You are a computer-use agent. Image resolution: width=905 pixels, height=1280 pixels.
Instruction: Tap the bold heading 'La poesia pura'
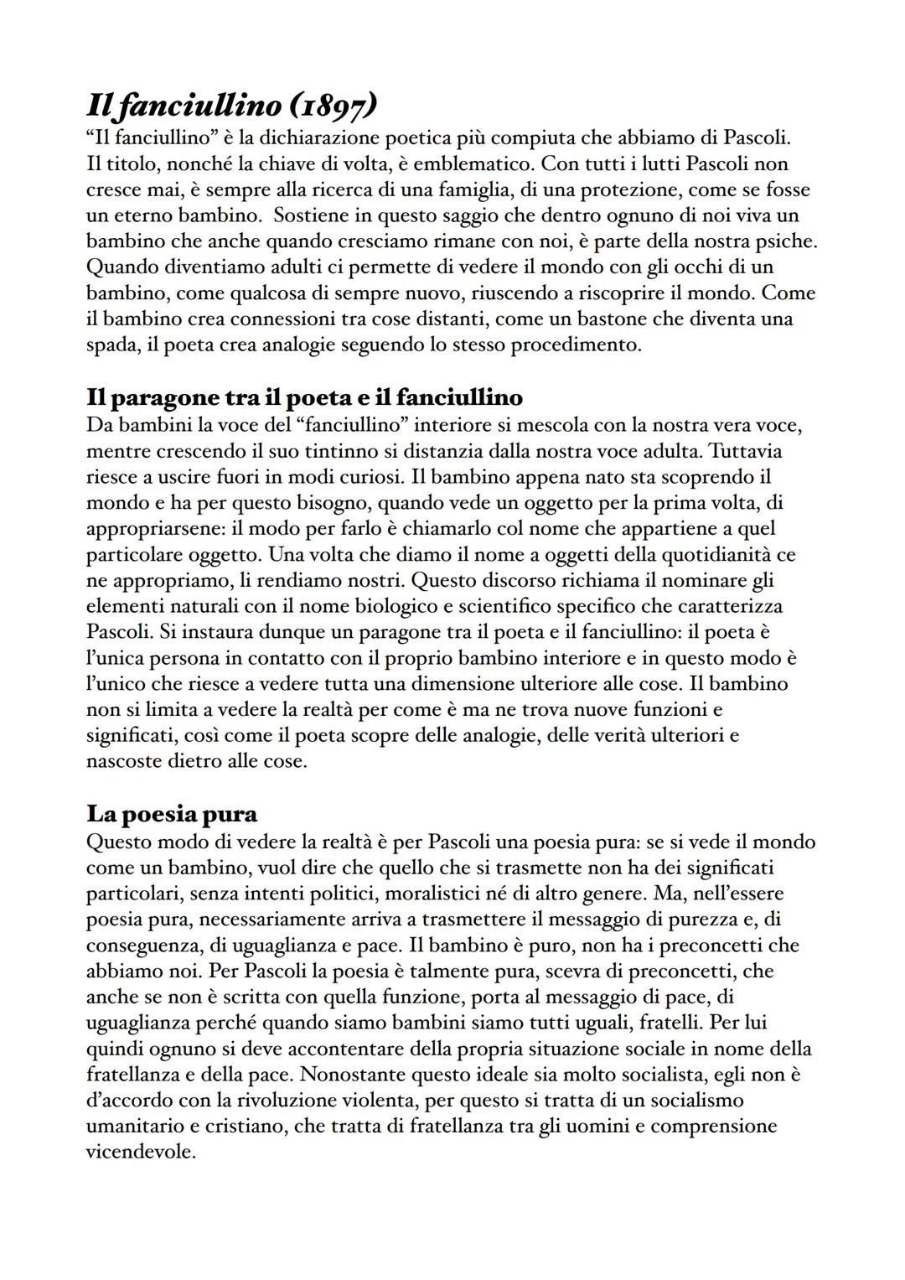(x=172, y=814)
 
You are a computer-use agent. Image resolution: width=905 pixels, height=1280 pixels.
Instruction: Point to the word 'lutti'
(x=646, y=163)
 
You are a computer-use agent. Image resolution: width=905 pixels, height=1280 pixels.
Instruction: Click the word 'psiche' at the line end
(x=784, y=241)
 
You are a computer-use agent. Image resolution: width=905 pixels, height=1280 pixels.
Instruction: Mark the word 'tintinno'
(x=350, y=451)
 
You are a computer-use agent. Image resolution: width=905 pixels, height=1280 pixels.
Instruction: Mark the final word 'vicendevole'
(x=140, y=1153)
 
